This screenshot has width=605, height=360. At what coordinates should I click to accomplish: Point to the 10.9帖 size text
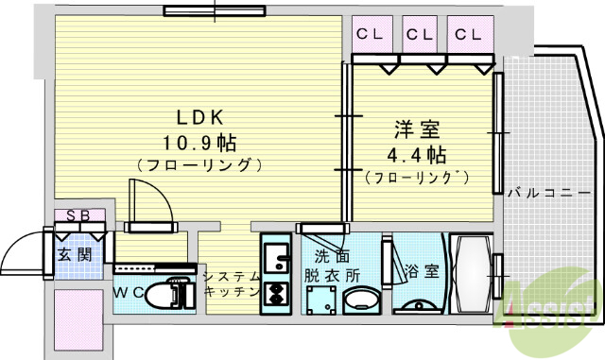click(199, 143)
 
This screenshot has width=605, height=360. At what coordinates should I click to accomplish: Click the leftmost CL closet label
click(370, 35)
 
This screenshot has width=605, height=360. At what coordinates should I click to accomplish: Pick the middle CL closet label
click(419, 35)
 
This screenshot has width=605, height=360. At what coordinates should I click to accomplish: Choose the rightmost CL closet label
click(467, 35)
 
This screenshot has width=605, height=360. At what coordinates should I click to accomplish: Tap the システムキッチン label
click(231, 283)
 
